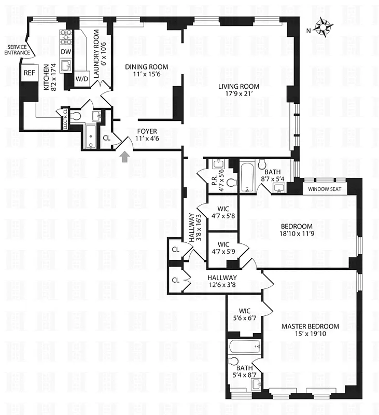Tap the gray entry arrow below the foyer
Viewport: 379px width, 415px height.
(124, 157)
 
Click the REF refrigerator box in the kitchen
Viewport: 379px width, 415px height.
(29, 73)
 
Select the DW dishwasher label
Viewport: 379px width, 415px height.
(66, 51)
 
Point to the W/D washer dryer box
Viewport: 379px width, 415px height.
(82, 79)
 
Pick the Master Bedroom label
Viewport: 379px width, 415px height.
(310, 326)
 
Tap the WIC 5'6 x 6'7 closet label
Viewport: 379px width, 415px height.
(245, 314)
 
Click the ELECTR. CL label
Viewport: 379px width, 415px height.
(65, 118)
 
